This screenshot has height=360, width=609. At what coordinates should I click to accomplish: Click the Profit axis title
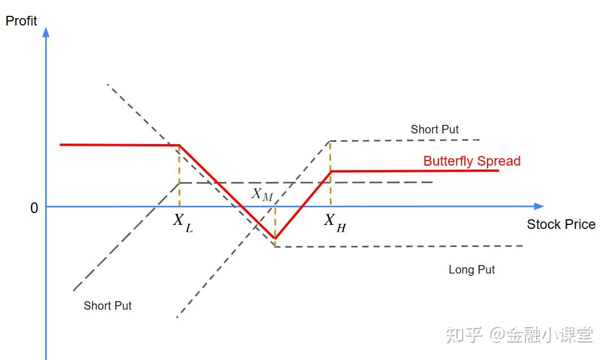point(21,21)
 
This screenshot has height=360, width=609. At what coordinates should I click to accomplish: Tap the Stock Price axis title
point(561,224)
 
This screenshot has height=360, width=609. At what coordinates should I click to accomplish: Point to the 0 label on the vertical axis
point(34,209)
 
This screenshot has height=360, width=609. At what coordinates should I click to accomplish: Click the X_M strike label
point(262,194)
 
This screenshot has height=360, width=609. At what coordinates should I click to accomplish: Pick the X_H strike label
point(334,222)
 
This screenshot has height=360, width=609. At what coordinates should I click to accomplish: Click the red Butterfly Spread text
point(472,161)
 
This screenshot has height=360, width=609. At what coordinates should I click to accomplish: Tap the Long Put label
point(472,270)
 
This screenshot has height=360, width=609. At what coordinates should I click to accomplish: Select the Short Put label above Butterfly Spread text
point(434,129)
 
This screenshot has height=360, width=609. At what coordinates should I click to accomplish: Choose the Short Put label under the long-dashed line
point(107,306)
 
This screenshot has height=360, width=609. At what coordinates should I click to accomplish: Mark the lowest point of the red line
point(275,238)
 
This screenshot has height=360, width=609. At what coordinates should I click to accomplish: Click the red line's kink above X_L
point(180,146)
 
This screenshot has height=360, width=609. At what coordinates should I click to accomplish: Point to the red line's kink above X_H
point(330,171)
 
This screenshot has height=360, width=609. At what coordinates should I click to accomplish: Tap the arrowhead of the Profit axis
point(46,32)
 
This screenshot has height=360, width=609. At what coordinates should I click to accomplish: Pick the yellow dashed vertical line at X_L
point(180,175)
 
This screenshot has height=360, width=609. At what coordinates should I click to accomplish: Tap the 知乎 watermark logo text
point(464,335)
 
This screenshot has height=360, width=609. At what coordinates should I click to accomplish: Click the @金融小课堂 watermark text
point(541,335)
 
